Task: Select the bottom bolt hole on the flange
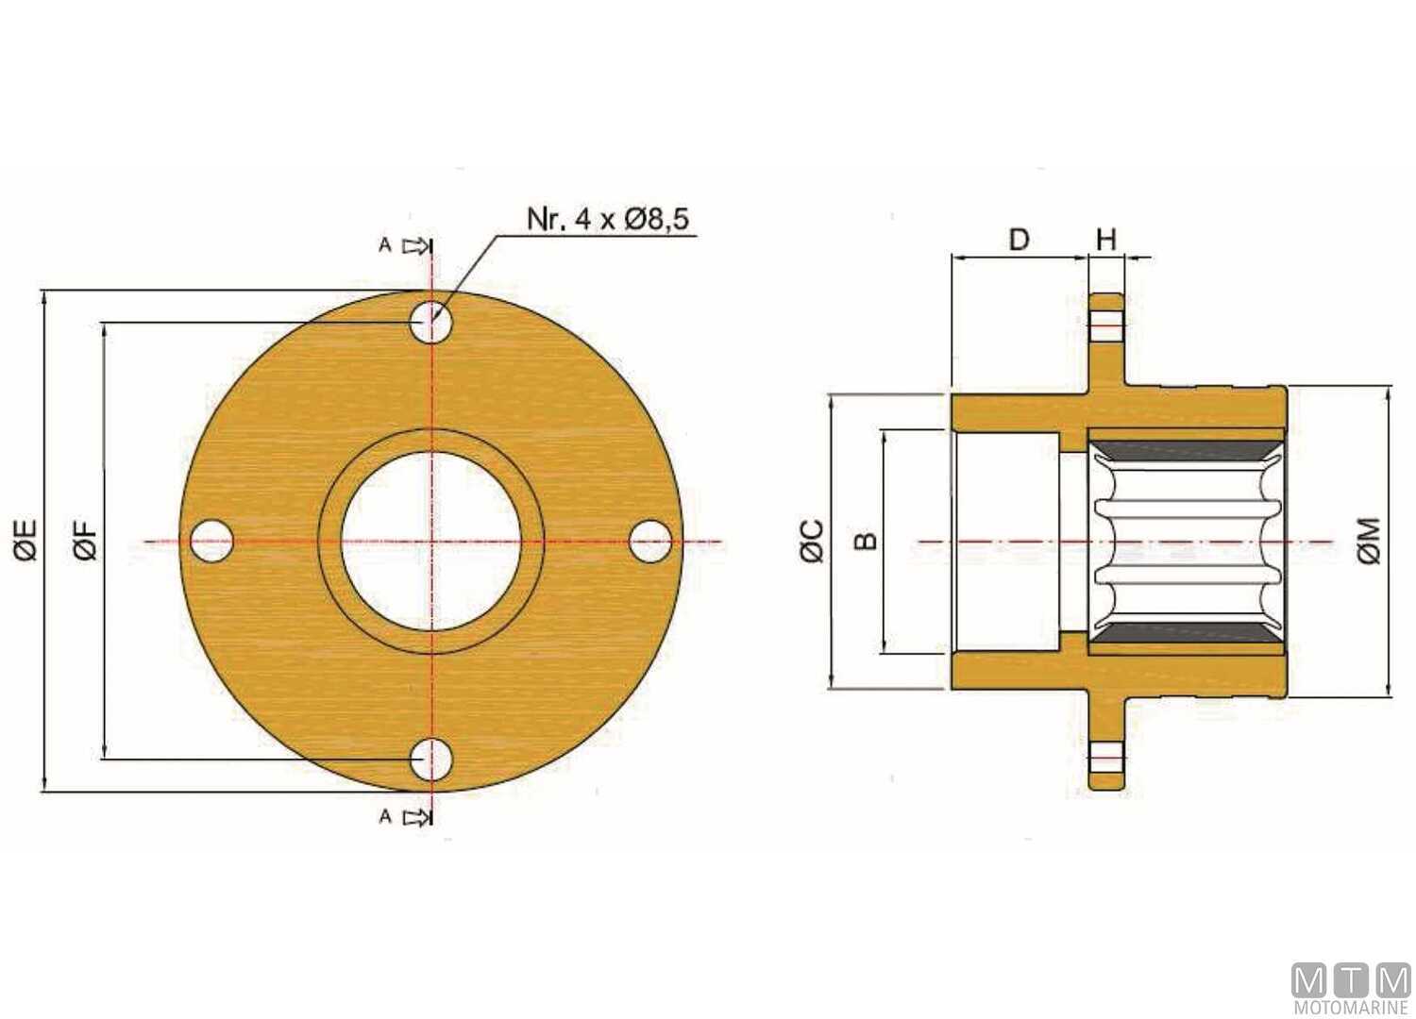point(431,759)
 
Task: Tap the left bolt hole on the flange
point(211,542)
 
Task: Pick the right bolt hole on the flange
point(650,542)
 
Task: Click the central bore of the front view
point(431,542)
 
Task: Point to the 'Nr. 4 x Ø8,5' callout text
point(608,219)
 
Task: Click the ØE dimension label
point(27,541)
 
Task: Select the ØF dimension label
point(86,541)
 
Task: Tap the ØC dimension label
point(813,541)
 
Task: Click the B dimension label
point(866,541)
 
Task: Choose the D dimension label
point(1019,240)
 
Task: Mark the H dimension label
point(1105,240)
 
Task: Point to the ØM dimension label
point(1370,541)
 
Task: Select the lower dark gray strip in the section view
point(1185,633)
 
